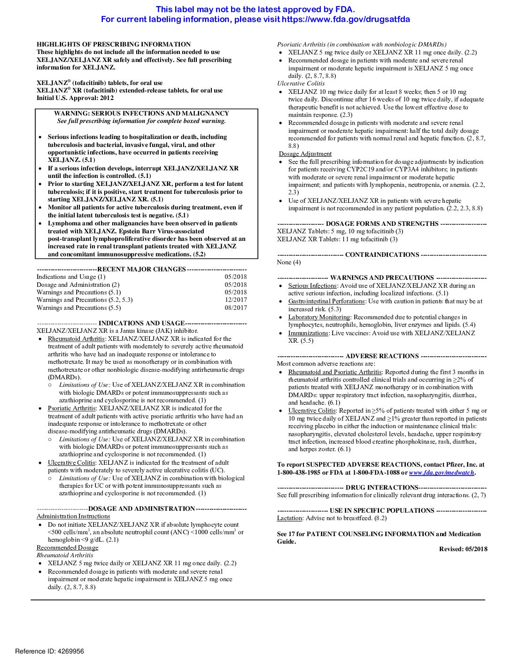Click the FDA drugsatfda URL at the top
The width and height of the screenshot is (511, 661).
346,19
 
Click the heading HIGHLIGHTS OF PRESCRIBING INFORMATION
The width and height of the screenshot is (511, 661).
114,44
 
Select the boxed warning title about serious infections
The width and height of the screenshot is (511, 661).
141,113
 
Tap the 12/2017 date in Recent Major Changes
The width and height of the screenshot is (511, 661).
235,300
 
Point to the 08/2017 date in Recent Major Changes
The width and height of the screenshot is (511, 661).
235,308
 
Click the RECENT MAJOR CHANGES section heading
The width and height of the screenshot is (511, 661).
141,269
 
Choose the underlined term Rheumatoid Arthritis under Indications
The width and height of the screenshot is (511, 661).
76,339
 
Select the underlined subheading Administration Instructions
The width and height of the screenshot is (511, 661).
73,516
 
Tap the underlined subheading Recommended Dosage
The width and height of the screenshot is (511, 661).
68,548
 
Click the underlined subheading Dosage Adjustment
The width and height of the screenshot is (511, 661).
305,154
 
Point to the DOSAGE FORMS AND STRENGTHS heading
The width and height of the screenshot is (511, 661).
382,224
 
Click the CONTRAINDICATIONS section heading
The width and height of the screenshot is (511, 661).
382,255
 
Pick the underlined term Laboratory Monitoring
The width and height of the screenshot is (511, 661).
319,317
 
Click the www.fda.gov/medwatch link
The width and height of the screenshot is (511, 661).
441,473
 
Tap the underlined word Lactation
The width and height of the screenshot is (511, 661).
289,518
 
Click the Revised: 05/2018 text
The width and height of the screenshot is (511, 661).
463,549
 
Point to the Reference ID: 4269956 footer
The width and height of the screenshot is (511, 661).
49,651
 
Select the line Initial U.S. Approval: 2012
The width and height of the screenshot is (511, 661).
75,98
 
